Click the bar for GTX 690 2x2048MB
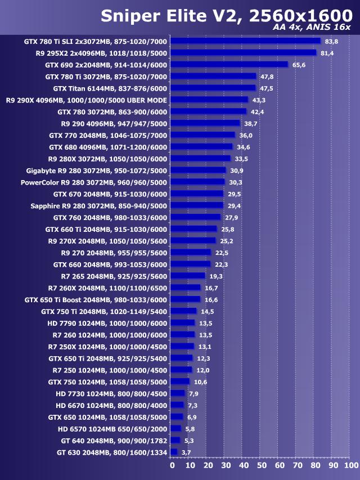229,65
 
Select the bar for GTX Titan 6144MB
213,88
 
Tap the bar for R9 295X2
243,53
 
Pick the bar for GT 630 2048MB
174,452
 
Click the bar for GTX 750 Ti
183,311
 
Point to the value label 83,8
331,41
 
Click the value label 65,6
299,65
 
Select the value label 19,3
216,276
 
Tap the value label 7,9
193,393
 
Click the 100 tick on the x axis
350,466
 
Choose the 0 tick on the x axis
172,466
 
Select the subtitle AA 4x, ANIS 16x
311,28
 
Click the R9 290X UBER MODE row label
87,100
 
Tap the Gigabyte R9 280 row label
97,171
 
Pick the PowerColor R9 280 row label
94,182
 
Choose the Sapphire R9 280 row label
98,206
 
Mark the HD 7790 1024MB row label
107,323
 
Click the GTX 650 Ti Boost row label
96,299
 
